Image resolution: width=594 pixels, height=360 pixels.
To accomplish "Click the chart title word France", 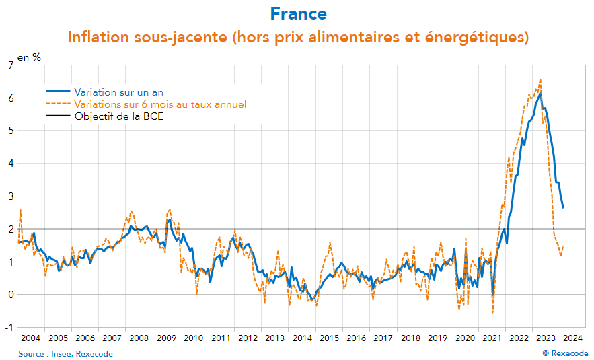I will pyautogui.click(x=298, y=13).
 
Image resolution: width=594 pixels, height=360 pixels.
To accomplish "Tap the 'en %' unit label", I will pyautogui.click(x=29, y=57).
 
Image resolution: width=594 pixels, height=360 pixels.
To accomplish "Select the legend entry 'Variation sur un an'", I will pyautogui.click(x=118, y=92).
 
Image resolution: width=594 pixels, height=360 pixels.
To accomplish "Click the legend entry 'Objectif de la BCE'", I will pyautogui.click(x=119, y=116).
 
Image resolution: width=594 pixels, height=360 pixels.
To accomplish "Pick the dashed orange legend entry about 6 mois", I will pyautogui.click(x=160, y=104).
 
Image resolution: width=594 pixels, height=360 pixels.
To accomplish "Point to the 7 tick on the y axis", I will pyautogui.click(x=10, y=65).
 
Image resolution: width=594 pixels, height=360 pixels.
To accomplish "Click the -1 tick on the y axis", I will pyautogui.click(x=9, y=328).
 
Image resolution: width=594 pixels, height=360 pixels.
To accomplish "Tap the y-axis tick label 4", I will pyautogui.click(x=10, y=163).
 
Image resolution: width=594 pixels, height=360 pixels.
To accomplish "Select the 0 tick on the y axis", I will pyautogui.click(x=10, y=295).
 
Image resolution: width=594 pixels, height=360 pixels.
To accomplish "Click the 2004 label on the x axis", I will pyautogui.click(x=31, y=338).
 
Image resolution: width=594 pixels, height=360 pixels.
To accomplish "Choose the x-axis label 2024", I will pyautogui.click(x=572, y=338).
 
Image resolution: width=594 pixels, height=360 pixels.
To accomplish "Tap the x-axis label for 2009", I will pyautogui.click(x=166, y=338).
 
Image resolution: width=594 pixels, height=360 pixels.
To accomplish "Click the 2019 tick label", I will pyautogui.click(x=437, y=338).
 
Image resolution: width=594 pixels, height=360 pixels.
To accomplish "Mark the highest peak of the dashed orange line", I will pyautogui.click(x=540, y=79).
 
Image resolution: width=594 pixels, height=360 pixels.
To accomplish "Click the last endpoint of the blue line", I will pyautogui.click(x=563, y=207).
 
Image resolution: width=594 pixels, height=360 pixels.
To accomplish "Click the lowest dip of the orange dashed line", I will pyautogui.click(x=492, y=312).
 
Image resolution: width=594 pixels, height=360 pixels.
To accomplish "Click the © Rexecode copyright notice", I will pyautogui.click(x=565, y=354).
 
